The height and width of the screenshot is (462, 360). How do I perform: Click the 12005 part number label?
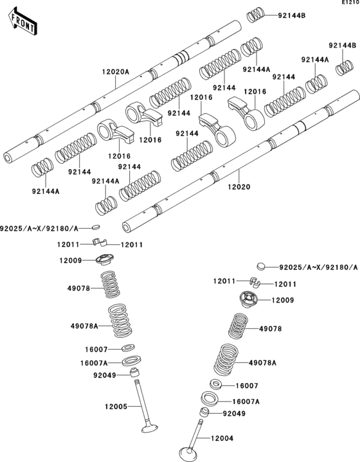[116, 406]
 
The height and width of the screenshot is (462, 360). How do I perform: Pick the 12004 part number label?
[222, 438]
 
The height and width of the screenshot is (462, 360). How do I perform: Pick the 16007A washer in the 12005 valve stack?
[129, 360]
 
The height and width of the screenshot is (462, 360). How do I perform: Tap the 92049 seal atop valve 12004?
[204, 413]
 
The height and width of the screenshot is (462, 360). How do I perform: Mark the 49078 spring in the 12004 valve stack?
[240, 327]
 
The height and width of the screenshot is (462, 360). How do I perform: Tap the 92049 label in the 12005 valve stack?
[105, 375]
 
